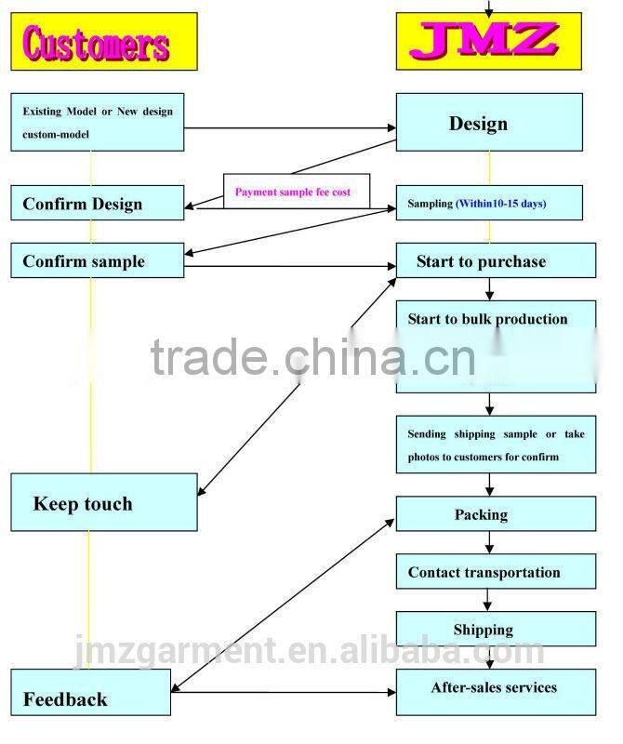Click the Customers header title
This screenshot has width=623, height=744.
[x=98, y=44]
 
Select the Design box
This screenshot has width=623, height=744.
[x=489, y=124]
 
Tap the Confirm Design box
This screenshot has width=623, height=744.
[x=97, y=204]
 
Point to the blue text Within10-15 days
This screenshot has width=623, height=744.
[x=500, y=204]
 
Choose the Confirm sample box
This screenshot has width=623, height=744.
[x=97, y=261]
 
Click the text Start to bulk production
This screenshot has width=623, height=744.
[x=487, y=319]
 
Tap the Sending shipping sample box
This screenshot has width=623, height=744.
[x=496, y=445]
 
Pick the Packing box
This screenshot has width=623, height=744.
[x=496, y=514]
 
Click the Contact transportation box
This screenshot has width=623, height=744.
[x=496, y=572]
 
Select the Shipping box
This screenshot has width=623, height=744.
[x=496, y=630]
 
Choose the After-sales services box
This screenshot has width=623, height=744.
[x=496, y=688]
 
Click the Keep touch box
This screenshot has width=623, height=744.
[x=103, y=502]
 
